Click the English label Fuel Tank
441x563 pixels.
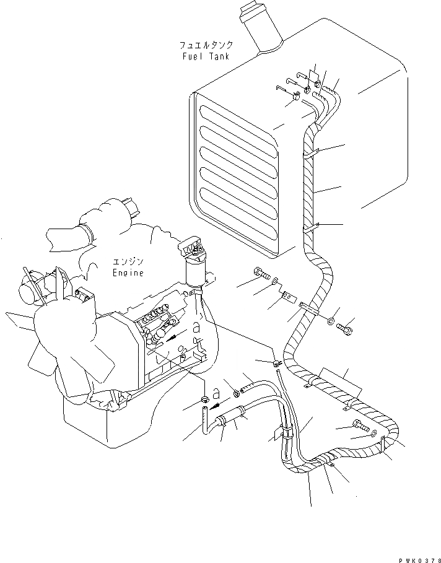tap(206, 56)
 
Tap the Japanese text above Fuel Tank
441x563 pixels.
tap(206, 46)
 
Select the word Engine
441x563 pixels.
tap(128, 273)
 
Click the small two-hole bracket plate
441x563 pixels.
tap(287, 296)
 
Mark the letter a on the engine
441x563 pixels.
tap(196, 328)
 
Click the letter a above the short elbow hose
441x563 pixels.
tap(216, 393)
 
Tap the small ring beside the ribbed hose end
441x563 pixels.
tap(237, 391)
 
